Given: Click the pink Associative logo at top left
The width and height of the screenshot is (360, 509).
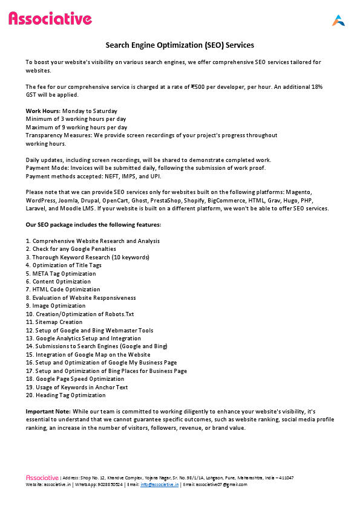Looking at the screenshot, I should tap(50, 19).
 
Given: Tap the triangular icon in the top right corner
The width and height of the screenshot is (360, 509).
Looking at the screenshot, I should tap(338, 20).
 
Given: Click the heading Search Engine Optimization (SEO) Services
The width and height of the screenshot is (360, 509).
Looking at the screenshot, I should tap(180, 45).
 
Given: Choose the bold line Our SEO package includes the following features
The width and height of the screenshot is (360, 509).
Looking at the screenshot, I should tap(93, 225).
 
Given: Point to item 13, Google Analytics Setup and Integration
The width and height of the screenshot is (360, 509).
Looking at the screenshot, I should tap(83, 339).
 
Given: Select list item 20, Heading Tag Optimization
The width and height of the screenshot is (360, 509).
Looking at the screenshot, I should tap(65, 395).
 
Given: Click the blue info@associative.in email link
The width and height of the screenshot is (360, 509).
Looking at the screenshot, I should tap(159, 485).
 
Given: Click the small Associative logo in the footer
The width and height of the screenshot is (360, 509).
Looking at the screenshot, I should tap(42, 478).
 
